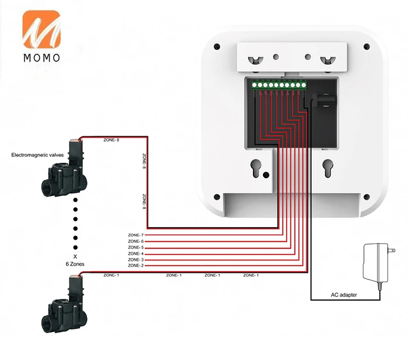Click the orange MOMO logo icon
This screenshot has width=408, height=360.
point(41,29)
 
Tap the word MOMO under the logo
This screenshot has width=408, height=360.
point(41,58)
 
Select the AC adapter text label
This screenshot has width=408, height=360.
point(345,295)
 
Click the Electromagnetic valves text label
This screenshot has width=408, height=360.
point(38,155)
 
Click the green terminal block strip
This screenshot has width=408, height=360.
point(277,85)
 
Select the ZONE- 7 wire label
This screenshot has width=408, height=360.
point(136,235)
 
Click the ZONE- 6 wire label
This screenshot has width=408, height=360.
point(136,241)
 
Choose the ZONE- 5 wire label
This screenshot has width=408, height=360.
point(136,248)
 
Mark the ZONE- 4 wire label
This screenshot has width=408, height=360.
point(136,254)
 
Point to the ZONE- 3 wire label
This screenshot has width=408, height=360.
point(136,260)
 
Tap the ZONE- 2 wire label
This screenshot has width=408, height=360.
point(136,266)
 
